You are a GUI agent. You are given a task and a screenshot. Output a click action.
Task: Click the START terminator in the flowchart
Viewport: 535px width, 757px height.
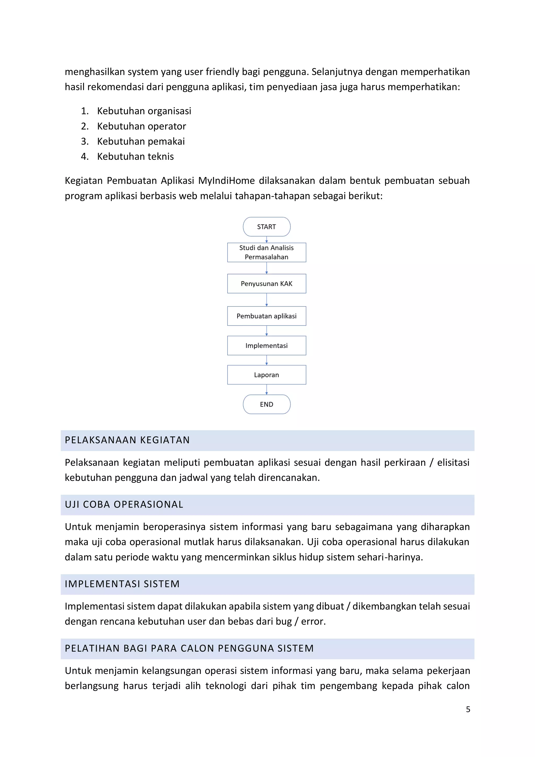point(266,227)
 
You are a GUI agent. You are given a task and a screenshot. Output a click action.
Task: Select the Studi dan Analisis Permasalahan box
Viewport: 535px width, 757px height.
point(266,253)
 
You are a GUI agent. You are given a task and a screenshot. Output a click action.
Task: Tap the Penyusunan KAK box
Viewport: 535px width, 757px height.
point(266,283)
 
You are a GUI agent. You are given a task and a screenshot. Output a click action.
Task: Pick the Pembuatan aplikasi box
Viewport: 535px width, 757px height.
point(266,316)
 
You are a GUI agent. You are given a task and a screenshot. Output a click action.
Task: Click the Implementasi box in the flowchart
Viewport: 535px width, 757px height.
point(266,345)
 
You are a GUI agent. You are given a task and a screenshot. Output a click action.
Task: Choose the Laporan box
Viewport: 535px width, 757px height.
point(266,375)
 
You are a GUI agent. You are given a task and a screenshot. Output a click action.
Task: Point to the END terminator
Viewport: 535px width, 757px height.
point(266,404)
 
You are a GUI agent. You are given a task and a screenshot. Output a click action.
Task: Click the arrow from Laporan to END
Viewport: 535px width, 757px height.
point(266,390)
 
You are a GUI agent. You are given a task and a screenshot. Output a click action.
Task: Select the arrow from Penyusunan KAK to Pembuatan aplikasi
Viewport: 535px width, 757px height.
point(266,300)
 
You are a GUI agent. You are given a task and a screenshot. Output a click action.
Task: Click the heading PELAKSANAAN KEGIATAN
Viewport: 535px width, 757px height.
point(127,440)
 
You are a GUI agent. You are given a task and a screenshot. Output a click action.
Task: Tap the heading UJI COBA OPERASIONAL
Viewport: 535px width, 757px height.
point(124,504)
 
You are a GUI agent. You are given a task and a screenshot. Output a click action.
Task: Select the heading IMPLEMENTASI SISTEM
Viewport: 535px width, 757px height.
point(122,584)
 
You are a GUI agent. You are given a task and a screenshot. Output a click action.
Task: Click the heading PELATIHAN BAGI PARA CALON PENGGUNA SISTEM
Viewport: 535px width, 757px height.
point(189,648)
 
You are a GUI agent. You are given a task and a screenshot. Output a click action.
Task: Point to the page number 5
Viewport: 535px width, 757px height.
point(468,709)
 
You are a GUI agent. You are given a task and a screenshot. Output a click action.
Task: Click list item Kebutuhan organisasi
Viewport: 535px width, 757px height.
point(144,111)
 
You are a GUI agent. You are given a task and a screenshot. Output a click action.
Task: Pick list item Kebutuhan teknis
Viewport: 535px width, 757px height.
point(135,157)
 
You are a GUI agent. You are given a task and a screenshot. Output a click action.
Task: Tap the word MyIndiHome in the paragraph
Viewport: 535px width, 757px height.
point(226,181)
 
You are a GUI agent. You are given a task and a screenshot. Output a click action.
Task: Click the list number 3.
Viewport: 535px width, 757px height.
point(84,141)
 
